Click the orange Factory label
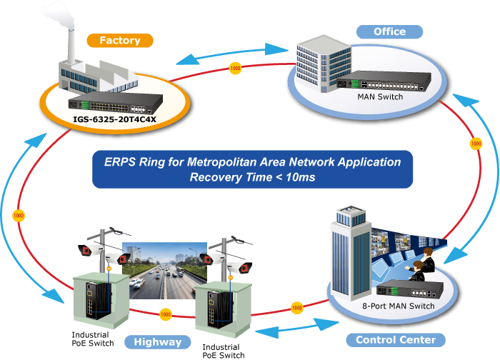tap(119, 41)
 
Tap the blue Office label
tap(389, 31)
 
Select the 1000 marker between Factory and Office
tap(236, 69)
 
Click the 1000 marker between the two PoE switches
tap(165, 314)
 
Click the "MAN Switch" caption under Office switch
tap(381, 96)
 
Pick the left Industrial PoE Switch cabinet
tap(96, 300)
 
